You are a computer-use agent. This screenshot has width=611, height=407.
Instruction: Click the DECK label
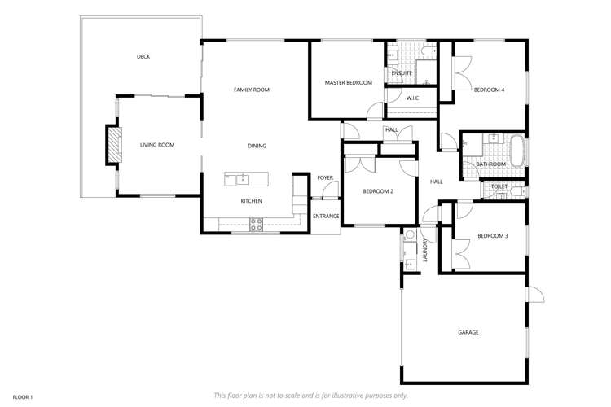coord(143,56)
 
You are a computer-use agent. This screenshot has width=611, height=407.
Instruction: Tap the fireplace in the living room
coord(113,145)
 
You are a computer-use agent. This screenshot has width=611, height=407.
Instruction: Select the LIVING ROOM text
coord(157,145)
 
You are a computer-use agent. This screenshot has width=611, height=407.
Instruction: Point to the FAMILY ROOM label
coord(251,90)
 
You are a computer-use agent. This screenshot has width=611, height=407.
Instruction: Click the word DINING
coord(257,146)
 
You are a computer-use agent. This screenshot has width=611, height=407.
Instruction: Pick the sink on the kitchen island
coord(241,179)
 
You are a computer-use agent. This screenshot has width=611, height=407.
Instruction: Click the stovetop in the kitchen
coord(256,225)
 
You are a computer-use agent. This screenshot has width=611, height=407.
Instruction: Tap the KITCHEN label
coord(251,200)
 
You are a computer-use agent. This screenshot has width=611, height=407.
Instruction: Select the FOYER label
coord(325,177)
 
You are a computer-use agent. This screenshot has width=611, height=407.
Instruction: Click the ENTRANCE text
coord(326,216)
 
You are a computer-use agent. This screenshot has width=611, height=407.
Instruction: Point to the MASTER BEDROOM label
coord(348,82)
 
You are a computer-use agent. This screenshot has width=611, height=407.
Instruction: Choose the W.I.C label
coord(412,98)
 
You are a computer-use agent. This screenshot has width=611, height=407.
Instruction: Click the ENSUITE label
coord(402,73)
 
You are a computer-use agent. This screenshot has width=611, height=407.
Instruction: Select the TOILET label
coord(499,186)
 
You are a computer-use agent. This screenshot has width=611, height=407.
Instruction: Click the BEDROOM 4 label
coord(489,90)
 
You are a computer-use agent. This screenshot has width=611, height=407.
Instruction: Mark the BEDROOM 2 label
coord(378,191)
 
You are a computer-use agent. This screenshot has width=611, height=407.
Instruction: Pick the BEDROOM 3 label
coord(492,236)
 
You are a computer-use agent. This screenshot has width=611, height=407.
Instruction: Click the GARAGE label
coord(468,332)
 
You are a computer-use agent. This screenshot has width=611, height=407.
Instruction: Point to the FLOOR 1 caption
coord(22,396)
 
